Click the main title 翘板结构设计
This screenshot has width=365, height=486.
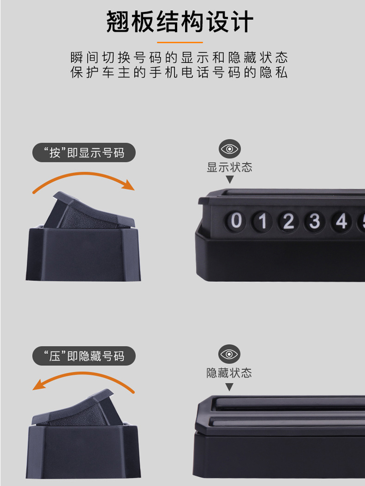pos(180,21)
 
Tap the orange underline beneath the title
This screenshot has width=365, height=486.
pos(180,42)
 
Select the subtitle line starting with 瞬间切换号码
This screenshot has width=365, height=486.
pos(179,57)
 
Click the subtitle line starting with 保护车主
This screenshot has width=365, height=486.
pos(179,72)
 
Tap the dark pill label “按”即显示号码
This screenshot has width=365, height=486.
pos(84,153)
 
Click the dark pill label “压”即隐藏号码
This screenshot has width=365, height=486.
pos(84,356)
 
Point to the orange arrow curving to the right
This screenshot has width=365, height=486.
pos(84,174)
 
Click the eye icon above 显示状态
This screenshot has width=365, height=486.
pos(230,149)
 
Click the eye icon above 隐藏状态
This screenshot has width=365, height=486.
pos(229,354)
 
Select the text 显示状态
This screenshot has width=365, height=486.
pos(230,167)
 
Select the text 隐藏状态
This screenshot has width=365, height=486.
pos(229,373)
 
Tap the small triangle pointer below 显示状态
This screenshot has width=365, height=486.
pos(230,179)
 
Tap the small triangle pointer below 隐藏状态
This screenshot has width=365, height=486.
pos(229,386)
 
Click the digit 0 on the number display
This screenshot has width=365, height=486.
pos(236,221)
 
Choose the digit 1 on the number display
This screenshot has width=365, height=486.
pos(263,221)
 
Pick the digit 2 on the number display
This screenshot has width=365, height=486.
pos(288,222)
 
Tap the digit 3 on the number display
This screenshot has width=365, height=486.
pos(314,222)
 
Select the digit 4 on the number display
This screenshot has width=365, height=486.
pos(341,222)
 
